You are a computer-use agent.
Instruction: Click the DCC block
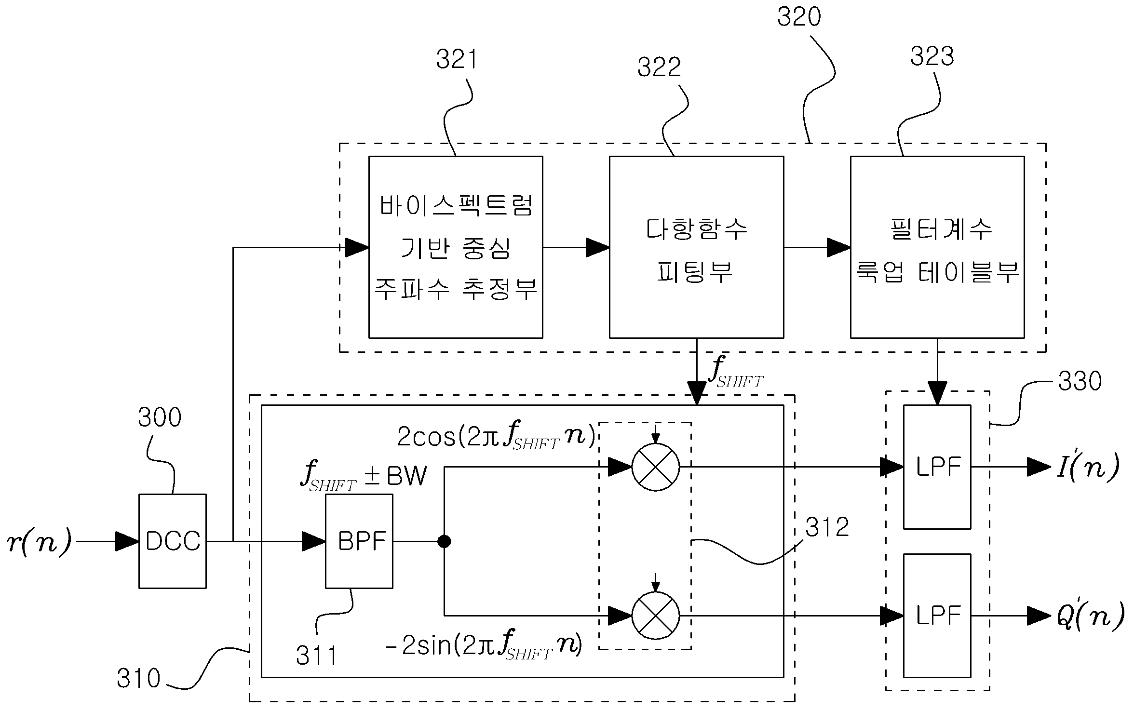(173, 541)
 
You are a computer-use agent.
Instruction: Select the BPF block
(359, 541)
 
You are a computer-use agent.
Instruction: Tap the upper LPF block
(937, 467)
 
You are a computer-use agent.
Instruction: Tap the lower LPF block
(937, 616)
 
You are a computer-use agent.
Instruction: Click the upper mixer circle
(656, 467)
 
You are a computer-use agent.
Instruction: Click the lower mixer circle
(656, 616)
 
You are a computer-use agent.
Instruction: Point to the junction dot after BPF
(444, 541)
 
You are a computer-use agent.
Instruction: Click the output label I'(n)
(1088, 467)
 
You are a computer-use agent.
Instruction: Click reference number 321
(456, 60)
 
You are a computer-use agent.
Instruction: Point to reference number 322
(659, 67)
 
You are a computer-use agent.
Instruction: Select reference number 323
(932, 56)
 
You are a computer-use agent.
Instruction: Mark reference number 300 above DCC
(160, 417)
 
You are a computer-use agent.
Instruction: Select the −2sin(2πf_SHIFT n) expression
(484, 645)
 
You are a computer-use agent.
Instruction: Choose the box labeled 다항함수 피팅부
(696, 247)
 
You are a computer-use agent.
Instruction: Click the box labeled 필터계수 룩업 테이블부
(937, 247)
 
